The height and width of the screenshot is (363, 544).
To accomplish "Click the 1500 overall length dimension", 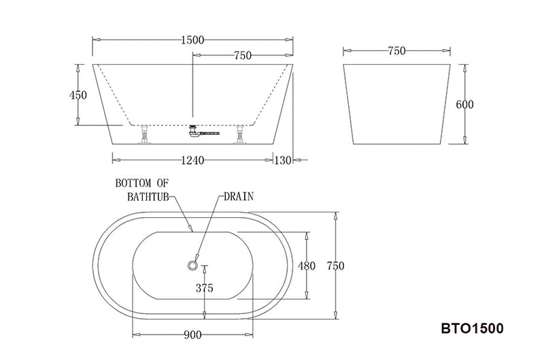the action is pyautogui.click(x=192, y=40).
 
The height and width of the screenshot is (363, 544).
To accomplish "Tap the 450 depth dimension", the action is pyautogui.click(x=78, y=95).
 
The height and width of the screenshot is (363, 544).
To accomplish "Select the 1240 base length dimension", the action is pyautogui.click(x=193, y=160).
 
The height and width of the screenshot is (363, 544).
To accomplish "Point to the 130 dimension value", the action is pyautogui.click(x=283, y=160).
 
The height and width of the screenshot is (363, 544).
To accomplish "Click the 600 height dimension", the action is pyautogui.click(x=464, y=104).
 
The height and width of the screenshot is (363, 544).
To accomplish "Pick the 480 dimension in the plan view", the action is pyautogui.click(x=307, y=266).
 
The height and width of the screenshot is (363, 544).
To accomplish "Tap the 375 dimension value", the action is pyautogui.click(x=205, y=288).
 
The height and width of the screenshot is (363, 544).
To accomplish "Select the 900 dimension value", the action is pyautogui.click(x=192, y=334).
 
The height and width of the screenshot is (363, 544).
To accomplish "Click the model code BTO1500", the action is pyautogui.click(x=472, y=328).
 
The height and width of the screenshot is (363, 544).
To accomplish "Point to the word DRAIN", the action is pyautogui.click(x=239, y=197).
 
